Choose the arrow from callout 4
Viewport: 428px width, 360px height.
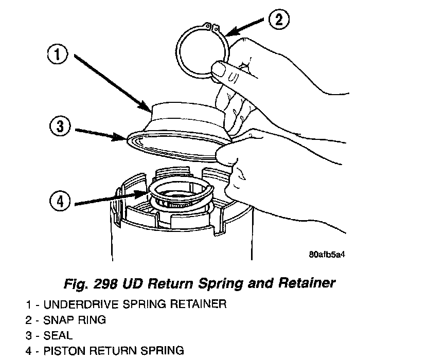click(108, 199)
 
